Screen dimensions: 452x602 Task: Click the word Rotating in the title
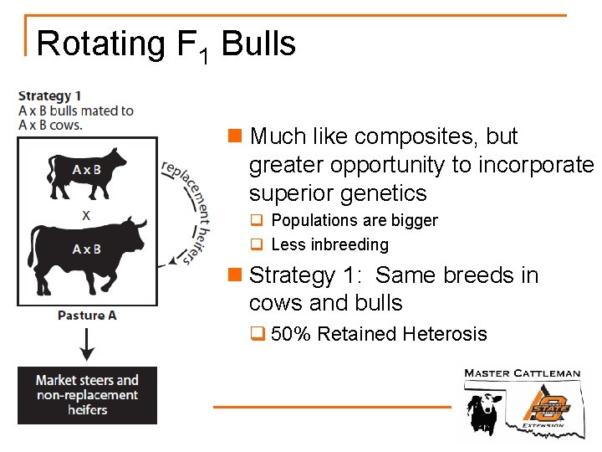click(100, 44)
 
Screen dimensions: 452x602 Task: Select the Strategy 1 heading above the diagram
click(49, 95)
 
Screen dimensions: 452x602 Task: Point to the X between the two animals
click(86, 214)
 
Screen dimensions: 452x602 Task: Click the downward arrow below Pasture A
click(87, 342)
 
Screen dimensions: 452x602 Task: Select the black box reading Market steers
click(87, 394)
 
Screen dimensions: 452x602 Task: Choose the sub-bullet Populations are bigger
click(354, 221)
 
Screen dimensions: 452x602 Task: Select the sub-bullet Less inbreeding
click(329, 244)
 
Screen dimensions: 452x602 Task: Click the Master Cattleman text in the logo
click(522, 373)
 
